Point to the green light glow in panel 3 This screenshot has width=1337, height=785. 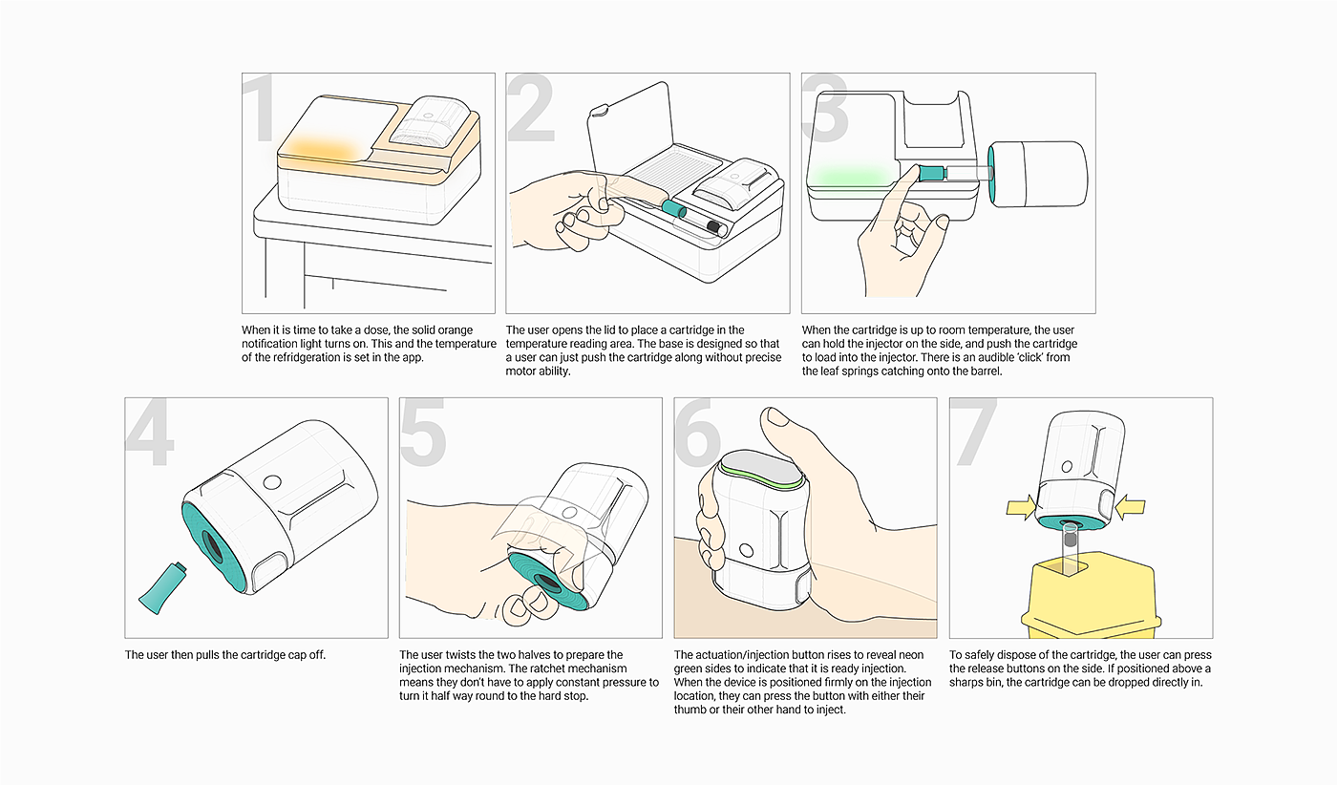coord(850,175)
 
